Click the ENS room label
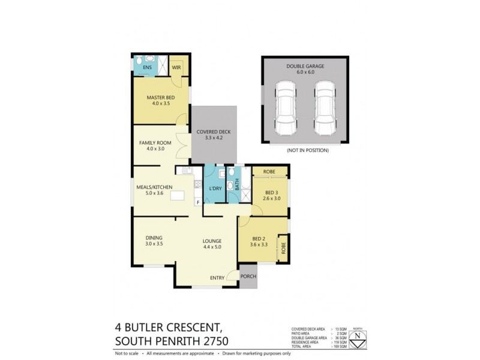(x=147, y=68)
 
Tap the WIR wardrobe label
(x=176, y=68)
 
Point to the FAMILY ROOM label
(x=155, y=143)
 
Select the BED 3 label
(x=272, y=191)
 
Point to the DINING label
(x=154, y=238)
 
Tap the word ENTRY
(x=217, y=278)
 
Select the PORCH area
(x=248, y=277)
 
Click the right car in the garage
(x=325, y=109)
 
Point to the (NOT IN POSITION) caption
(x=307, y=149)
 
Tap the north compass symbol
(x=358, y=336)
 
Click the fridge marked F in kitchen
(x=198, y=202)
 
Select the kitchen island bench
(x=178, y=195)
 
